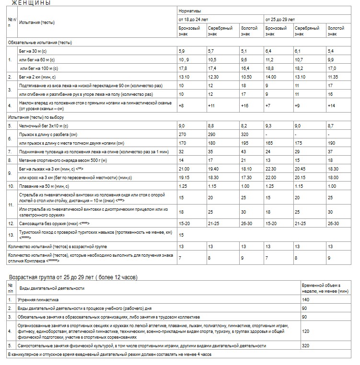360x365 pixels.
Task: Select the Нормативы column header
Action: coord(190,10)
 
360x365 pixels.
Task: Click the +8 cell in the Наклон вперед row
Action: coord(182,105)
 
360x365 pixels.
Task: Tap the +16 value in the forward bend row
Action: coord(244,105)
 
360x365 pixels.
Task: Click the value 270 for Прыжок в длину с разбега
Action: coord(182,135)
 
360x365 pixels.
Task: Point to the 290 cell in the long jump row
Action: coord(211,135)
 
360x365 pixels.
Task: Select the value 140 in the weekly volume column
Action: coord(305,300)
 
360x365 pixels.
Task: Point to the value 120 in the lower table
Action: coord(305,331)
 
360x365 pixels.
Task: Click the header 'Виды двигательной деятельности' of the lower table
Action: coord(51,288)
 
